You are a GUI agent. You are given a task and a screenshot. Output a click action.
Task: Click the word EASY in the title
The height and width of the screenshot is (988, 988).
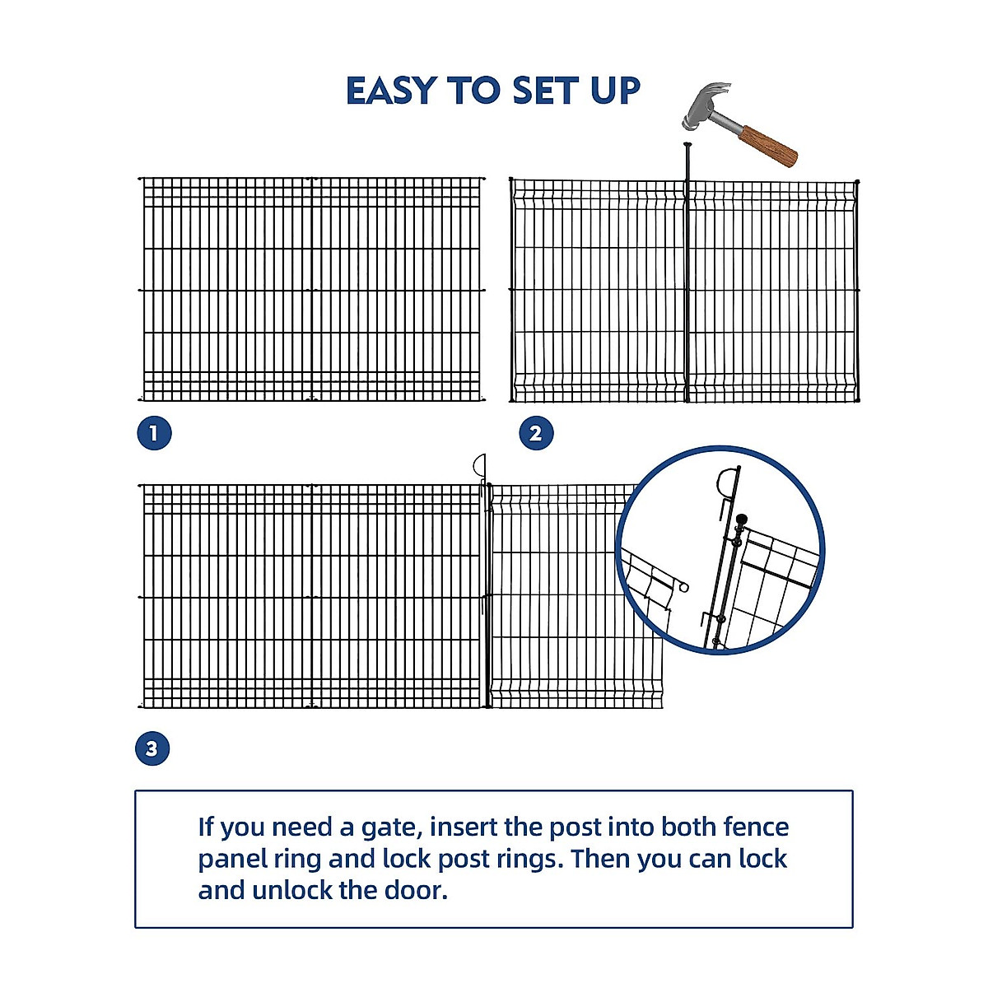coord(391,91)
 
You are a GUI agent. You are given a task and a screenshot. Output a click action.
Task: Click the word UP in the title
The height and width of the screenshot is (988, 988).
coord(615,91)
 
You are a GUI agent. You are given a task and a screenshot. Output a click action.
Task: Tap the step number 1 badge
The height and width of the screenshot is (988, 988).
coord(154,433)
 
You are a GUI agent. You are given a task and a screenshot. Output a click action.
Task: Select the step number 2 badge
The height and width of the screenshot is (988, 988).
coord(536,433)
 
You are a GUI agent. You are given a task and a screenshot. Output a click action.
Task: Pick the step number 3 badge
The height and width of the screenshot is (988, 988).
coord(151,749)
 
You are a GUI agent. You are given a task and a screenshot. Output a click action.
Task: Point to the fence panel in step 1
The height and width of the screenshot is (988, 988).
coord(311,288)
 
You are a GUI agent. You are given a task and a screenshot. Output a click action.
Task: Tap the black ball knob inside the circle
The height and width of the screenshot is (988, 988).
coord(741,520)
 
